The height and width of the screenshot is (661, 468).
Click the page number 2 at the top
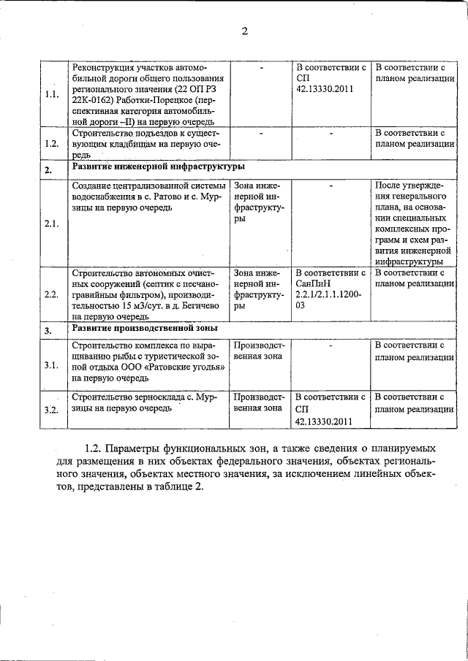coord(244,31)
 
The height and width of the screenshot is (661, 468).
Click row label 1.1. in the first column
coord(51,95)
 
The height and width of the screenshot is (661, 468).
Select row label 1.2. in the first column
coord(51,144)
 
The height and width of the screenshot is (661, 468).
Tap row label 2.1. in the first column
coord(51,223)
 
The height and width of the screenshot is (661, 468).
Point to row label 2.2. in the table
coord(51,294)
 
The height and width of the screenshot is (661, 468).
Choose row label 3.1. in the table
coord(51,365)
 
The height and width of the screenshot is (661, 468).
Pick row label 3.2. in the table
coord(51,410)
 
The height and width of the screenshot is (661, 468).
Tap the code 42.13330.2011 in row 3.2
coord(325,421)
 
